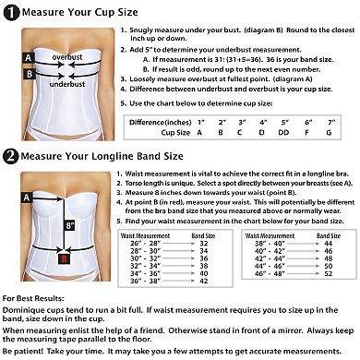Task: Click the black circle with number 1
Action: [x=12, y=13]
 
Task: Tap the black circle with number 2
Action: [x=11, y=156]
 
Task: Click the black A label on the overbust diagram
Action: [x=29, y=58]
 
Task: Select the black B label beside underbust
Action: [x=30, y=74]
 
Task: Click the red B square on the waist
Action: [x=64, y=258]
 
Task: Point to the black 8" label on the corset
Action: [x=70, y=225]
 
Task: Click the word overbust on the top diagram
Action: [x=67, y=57]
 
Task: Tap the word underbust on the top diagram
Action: [x=67, y=84]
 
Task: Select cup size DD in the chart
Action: [x=283, y=133]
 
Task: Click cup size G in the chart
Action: [x=329, y=133]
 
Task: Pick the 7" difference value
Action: [x=331, y=123]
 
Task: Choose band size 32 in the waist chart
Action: [x=204, y=244]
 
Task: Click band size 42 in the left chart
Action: [x=204, y=281]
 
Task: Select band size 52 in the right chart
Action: [x=329, y=273]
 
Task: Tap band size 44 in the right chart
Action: [x=329, y=244]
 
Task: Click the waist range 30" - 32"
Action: [x=146, y=258]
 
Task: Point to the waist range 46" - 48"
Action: [x=270, y=273]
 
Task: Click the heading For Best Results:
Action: [x=33, y=298]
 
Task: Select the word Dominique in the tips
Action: [x=23, y=310]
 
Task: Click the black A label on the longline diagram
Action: [x=27, y=198]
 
